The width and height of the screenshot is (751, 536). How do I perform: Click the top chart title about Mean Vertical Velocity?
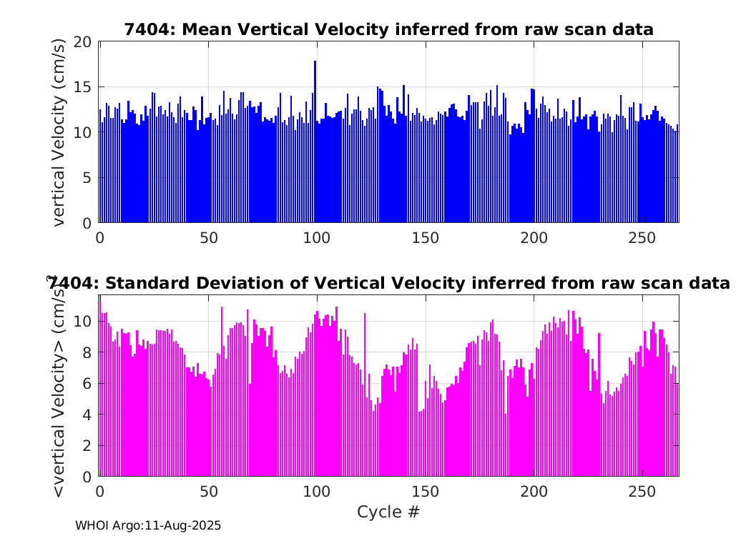[388, 29]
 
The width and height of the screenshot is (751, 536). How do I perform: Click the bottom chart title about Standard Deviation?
[388, 284]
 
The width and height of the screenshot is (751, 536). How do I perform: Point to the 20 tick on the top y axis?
[83, 41]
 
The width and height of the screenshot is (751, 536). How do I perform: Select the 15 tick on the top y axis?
[83, 87]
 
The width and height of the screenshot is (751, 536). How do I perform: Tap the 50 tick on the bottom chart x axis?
[208, 492]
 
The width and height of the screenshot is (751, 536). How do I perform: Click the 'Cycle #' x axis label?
[388, 512]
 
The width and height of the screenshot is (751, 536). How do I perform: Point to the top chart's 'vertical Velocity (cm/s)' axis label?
[59, 132]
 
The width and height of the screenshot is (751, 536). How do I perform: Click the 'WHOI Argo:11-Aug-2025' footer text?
[148, 525]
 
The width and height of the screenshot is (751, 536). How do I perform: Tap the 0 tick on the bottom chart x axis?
[99, 492]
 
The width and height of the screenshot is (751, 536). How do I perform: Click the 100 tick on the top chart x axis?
[317, 237]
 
